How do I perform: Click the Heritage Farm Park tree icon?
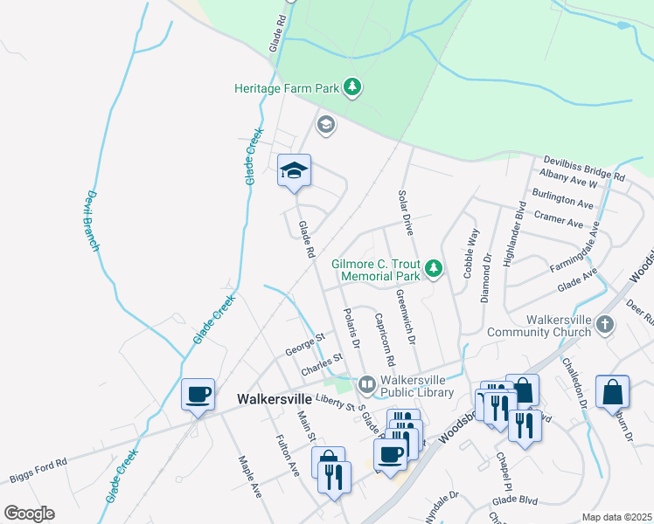352,86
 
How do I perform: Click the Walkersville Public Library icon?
366,383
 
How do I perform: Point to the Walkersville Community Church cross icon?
603,325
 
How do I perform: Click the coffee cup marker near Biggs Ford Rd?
197,394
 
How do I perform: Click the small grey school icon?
326,125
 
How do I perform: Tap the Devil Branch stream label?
92,221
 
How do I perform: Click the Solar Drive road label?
405,213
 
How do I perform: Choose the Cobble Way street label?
472,254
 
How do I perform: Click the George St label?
304,343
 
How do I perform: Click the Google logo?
29,514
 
